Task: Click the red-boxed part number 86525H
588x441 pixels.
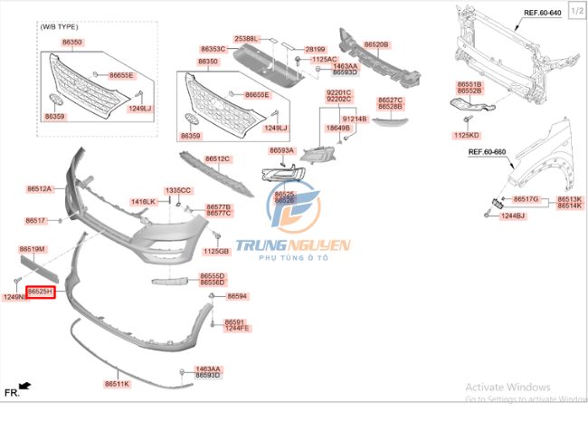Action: click(40, 292)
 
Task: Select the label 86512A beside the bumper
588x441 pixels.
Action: click(39, 188)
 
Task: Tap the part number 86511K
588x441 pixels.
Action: click(117, 384)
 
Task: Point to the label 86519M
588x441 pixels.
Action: click(33, 248)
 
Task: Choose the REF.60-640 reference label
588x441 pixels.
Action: click(543, 13)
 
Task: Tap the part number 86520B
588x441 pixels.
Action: click(376, 43)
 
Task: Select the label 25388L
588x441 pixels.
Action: click(246, 39)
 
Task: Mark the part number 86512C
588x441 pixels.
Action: click(217, 158)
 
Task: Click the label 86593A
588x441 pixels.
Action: click(282, 150)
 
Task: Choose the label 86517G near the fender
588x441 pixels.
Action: click(526, 198)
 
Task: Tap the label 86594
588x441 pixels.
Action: click(237, 296)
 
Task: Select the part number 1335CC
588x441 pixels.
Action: click(178, 190)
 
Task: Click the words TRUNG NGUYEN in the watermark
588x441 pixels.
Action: click(292, 245)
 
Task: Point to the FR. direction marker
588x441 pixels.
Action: click(12, 392)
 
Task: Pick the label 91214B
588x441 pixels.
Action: click(354, 119)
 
